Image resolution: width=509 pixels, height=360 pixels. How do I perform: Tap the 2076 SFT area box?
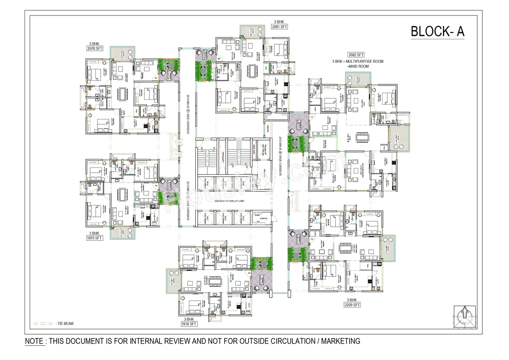[x=95, y=49]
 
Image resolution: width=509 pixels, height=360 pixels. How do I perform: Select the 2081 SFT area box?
[x=279, y=27]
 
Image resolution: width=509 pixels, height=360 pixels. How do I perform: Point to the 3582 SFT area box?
[x=356, y=55]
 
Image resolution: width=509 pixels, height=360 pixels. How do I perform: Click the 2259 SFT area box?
[x=352, y=305]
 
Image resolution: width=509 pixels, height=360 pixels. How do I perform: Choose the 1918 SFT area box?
[x=189, y=324]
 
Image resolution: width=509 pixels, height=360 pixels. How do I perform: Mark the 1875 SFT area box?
[x=95, y=238]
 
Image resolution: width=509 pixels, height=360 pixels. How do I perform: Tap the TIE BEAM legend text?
[x=65, y=324]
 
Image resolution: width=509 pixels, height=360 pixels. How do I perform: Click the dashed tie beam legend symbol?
[x=43, y=324]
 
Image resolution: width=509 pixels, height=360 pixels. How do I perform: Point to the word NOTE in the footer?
[x=34, y=341]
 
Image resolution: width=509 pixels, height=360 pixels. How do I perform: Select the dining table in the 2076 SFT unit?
[x=121, y=94]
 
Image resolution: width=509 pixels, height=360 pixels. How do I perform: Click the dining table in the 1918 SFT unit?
[x=215, y=281]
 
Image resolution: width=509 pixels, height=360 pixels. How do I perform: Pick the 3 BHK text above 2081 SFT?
[x=279, y=21]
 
